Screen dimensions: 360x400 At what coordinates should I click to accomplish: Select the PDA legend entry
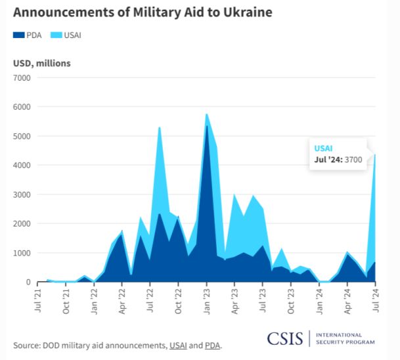coord(28,35)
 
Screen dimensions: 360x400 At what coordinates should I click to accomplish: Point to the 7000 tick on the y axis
coord(22,78)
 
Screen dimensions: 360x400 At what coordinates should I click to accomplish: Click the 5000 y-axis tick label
coord(22,136)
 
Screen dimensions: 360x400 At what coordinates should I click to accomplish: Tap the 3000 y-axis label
coord(22,194)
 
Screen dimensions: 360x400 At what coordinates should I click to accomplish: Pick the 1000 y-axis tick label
coord(22,253)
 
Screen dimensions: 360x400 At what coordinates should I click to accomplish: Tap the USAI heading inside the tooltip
coord(324,148)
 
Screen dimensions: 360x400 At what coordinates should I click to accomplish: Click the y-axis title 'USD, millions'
coord(42,63)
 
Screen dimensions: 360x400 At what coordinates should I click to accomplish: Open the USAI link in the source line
coord(177,345)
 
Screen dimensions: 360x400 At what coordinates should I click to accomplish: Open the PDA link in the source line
coord(211,345)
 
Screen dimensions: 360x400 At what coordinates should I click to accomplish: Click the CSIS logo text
coord(285,338)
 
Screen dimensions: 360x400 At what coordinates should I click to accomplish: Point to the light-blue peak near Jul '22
coord(160,128)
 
